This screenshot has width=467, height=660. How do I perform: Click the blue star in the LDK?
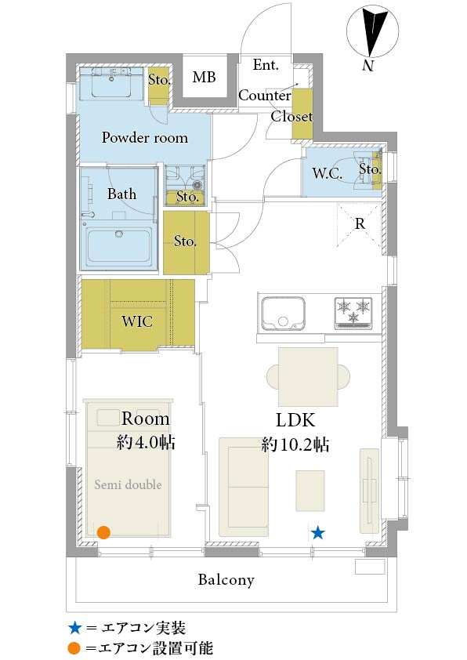(317, 533)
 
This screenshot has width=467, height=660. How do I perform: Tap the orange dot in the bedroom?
(103, 532)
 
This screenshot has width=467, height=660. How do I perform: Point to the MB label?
(204, 77)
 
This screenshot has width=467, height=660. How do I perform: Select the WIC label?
(137, 321)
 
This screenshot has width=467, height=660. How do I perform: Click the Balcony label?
(226, 579)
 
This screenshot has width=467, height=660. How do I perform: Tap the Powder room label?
(145, 138)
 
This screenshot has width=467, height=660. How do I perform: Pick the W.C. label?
(327, 173)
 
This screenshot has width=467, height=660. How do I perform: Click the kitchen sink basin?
(283, 314)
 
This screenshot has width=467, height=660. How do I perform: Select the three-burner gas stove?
(353, 314)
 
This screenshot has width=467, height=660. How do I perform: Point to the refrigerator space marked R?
(360, 224)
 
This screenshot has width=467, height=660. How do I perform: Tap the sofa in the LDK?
(244, 487)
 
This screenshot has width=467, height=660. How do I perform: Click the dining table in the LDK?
(309, 377)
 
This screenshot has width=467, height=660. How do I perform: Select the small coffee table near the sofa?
(310, 491)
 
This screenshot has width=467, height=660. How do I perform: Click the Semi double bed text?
(128, 484)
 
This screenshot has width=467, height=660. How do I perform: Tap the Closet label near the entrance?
(291, 116)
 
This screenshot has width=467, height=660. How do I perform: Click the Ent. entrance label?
(266, 65)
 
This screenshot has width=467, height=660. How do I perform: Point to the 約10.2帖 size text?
(295, 444)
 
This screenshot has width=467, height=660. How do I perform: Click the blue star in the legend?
(74, 629)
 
